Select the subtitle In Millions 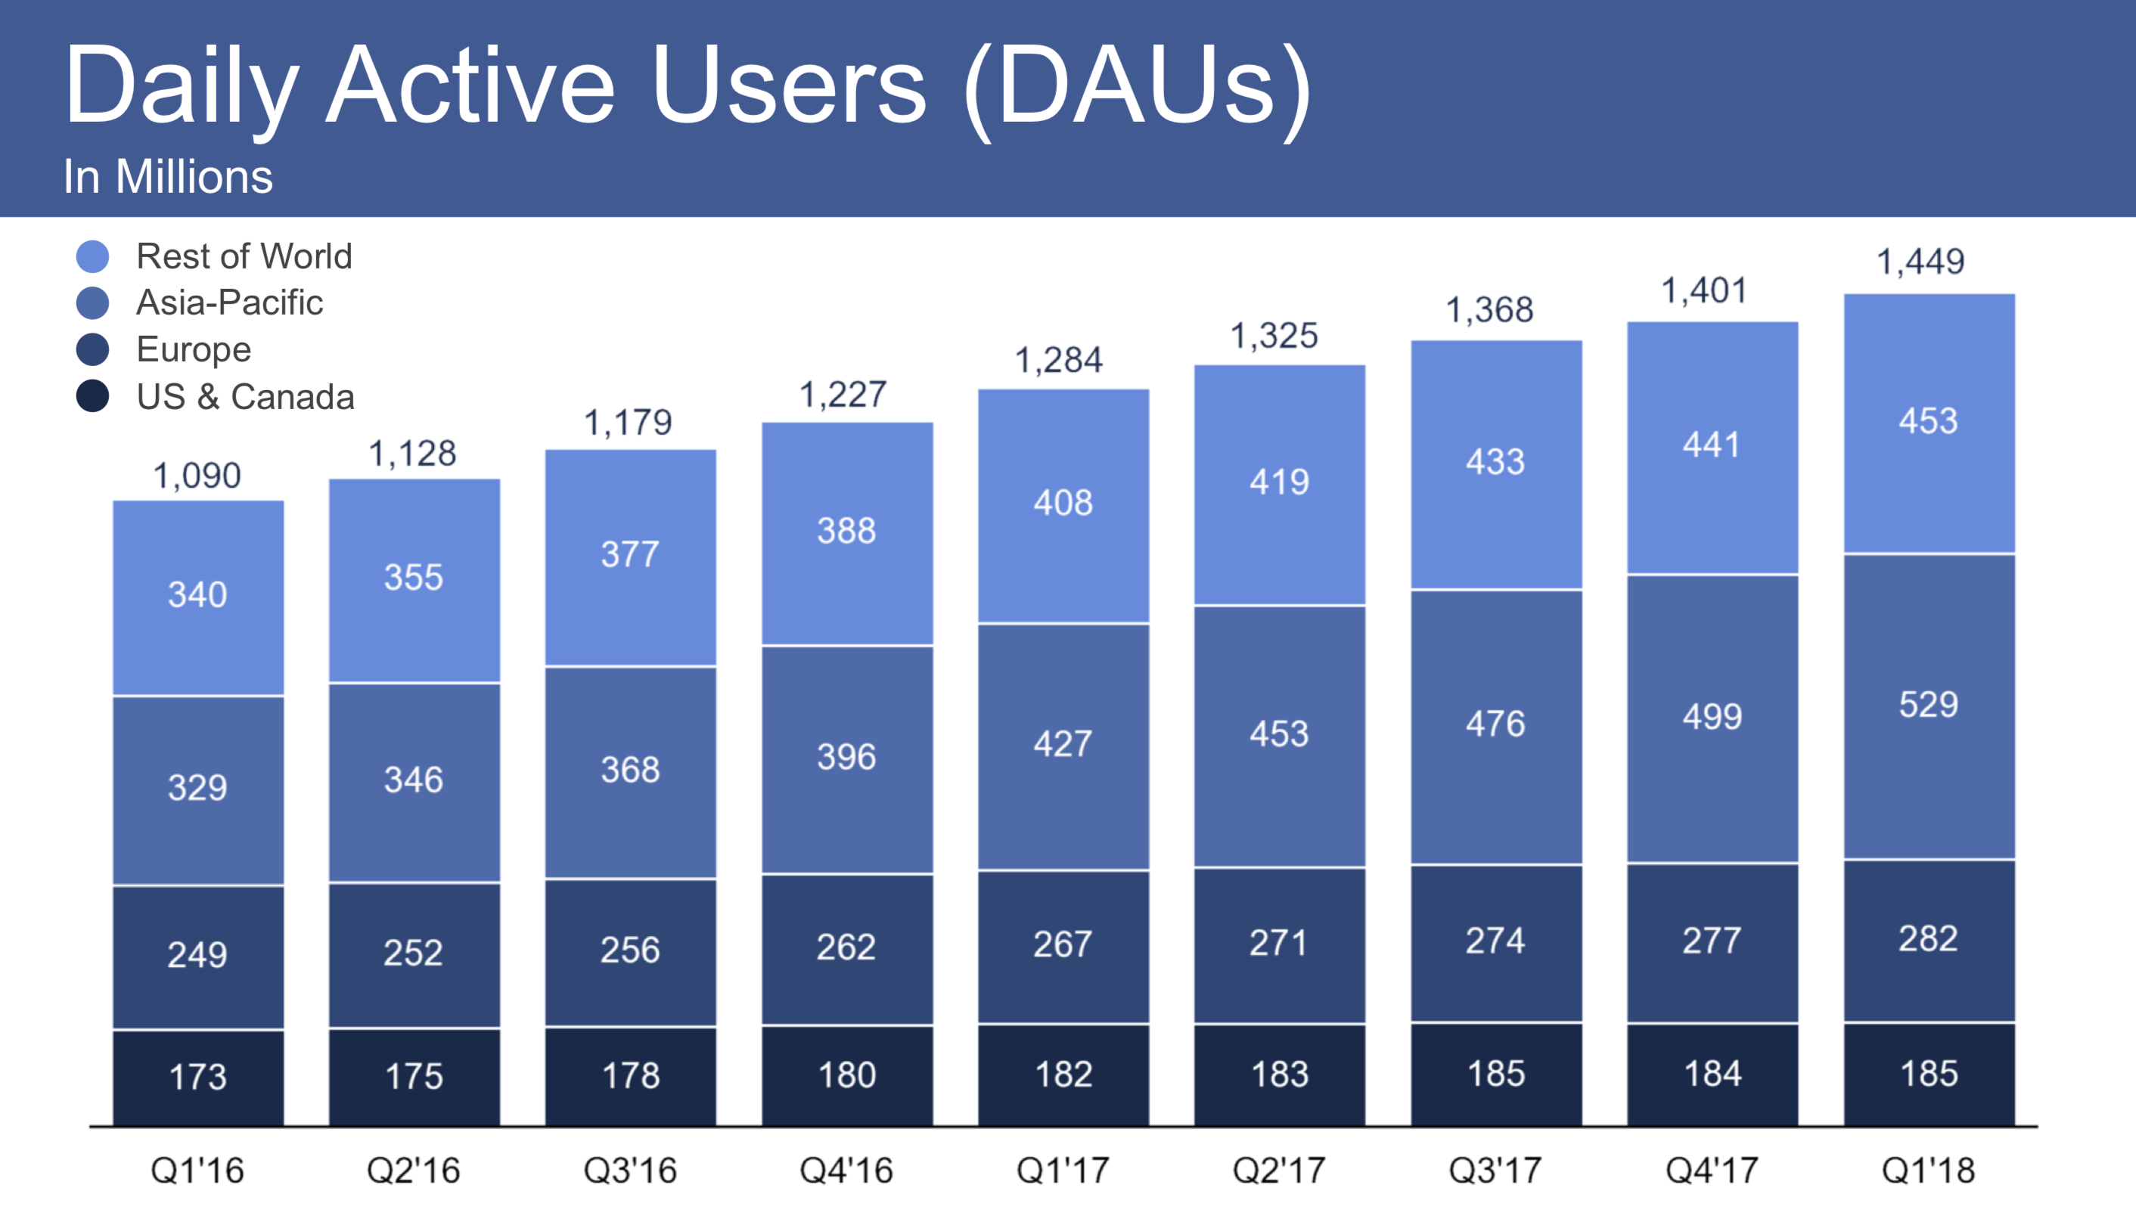(168, 177)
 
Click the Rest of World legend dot (93, 256)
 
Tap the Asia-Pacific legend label (229, 302)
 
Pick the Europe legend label (194, 349)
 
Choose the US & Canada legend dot (93, 396)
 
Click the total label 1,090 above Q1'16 (197, 476)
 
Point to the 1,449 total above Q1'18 (1921, 262)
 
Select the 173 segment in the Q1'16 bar (198, 1077)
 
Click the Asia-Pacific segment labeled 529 (1929, 705)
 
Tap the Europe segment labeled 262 (846, 947)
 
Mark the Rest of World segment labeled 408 (1063, 504)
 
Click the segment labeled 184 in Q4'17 (1712, 1074)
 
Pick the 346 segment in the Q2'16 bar (414, 780)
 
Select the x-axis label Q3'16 (630, 1171)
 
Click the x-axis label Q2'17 (1279, 1171)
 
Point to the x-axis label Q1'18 (1929, 1171)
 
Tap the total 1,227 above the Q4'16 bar (843, 395)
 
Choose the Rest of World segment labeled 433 (1495, 462)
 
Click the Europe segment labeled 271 (1279, 943)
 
